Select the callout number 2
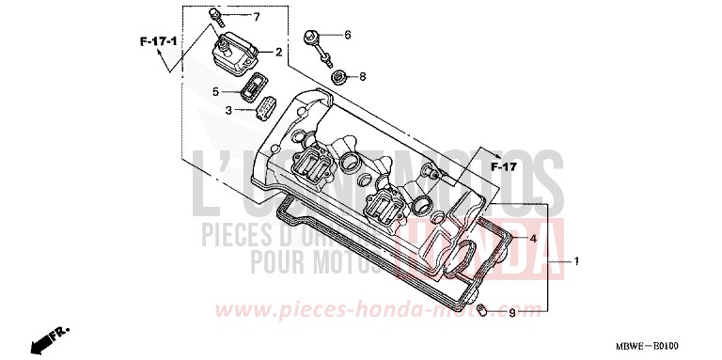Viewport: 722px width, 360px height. tap(278, 52)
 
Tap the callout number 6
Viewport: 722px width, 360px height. tap(347, 35)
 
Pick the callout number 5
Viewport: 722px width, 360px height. tap(215, 91)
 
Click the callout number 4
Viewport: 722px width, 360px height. tap(531, 239)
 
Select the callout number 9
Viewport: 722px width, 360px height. tap(511, 313)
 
